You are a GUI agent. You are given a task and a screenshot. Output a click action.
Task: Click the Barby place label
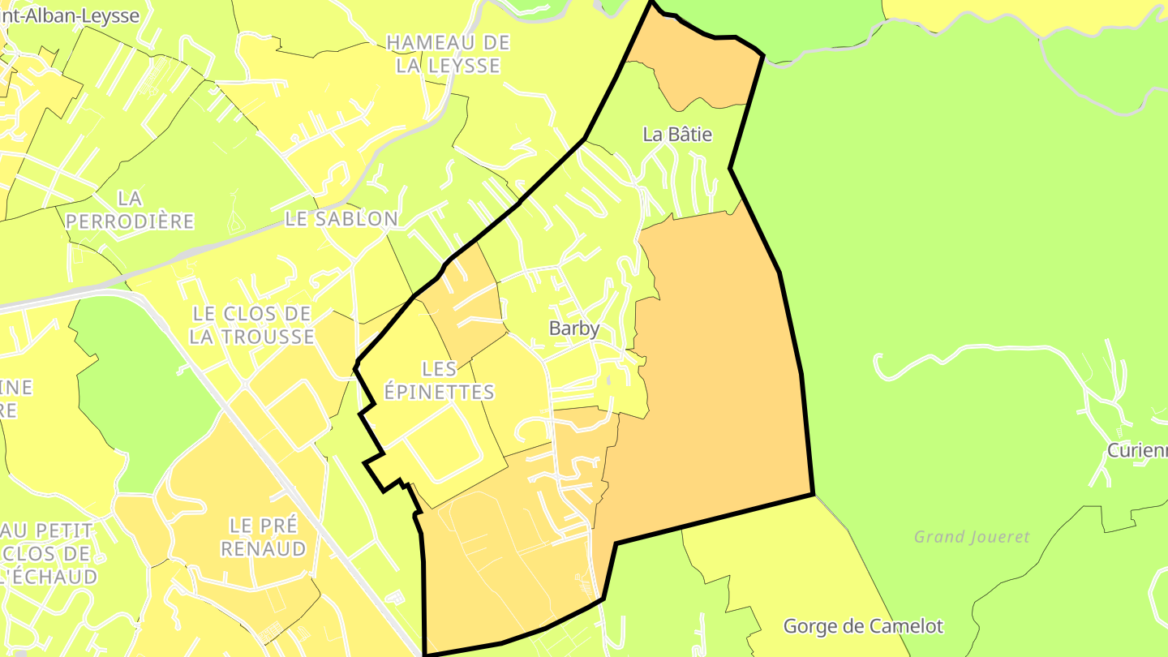tap(574, 328)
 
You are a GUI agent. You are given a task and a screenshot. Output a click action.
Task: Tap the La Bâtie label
tap(677, 135)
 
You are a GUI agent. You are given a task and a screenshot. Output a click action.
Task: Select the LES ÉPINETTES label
tap(439, 380)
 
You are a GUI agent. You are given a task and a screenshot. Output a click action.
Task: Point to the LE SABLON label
tap(341, 219)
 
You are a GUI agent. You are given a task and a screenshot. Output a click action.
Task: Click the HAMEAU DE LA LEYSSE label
tap(448, 54)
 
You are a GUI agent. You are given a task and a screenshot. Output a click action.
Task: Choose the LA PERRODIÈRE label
tap(130, 209)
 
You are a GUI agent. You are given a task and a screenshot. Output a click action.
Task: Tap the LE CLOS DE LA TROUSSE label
tap(251, 325)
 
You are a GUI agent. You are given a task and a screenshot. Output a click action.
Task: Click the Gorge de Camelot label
tap(863, 626)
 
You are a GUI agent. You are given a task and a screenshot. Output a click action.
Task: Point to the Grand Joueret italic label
tap(972, 537)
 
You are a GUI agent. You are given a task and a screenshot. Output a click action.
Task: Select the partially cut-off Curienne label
tap(1137, 451)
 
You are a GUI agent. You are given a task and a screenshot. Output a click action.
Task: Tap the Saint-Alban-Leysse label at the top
tap(70, 15)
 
